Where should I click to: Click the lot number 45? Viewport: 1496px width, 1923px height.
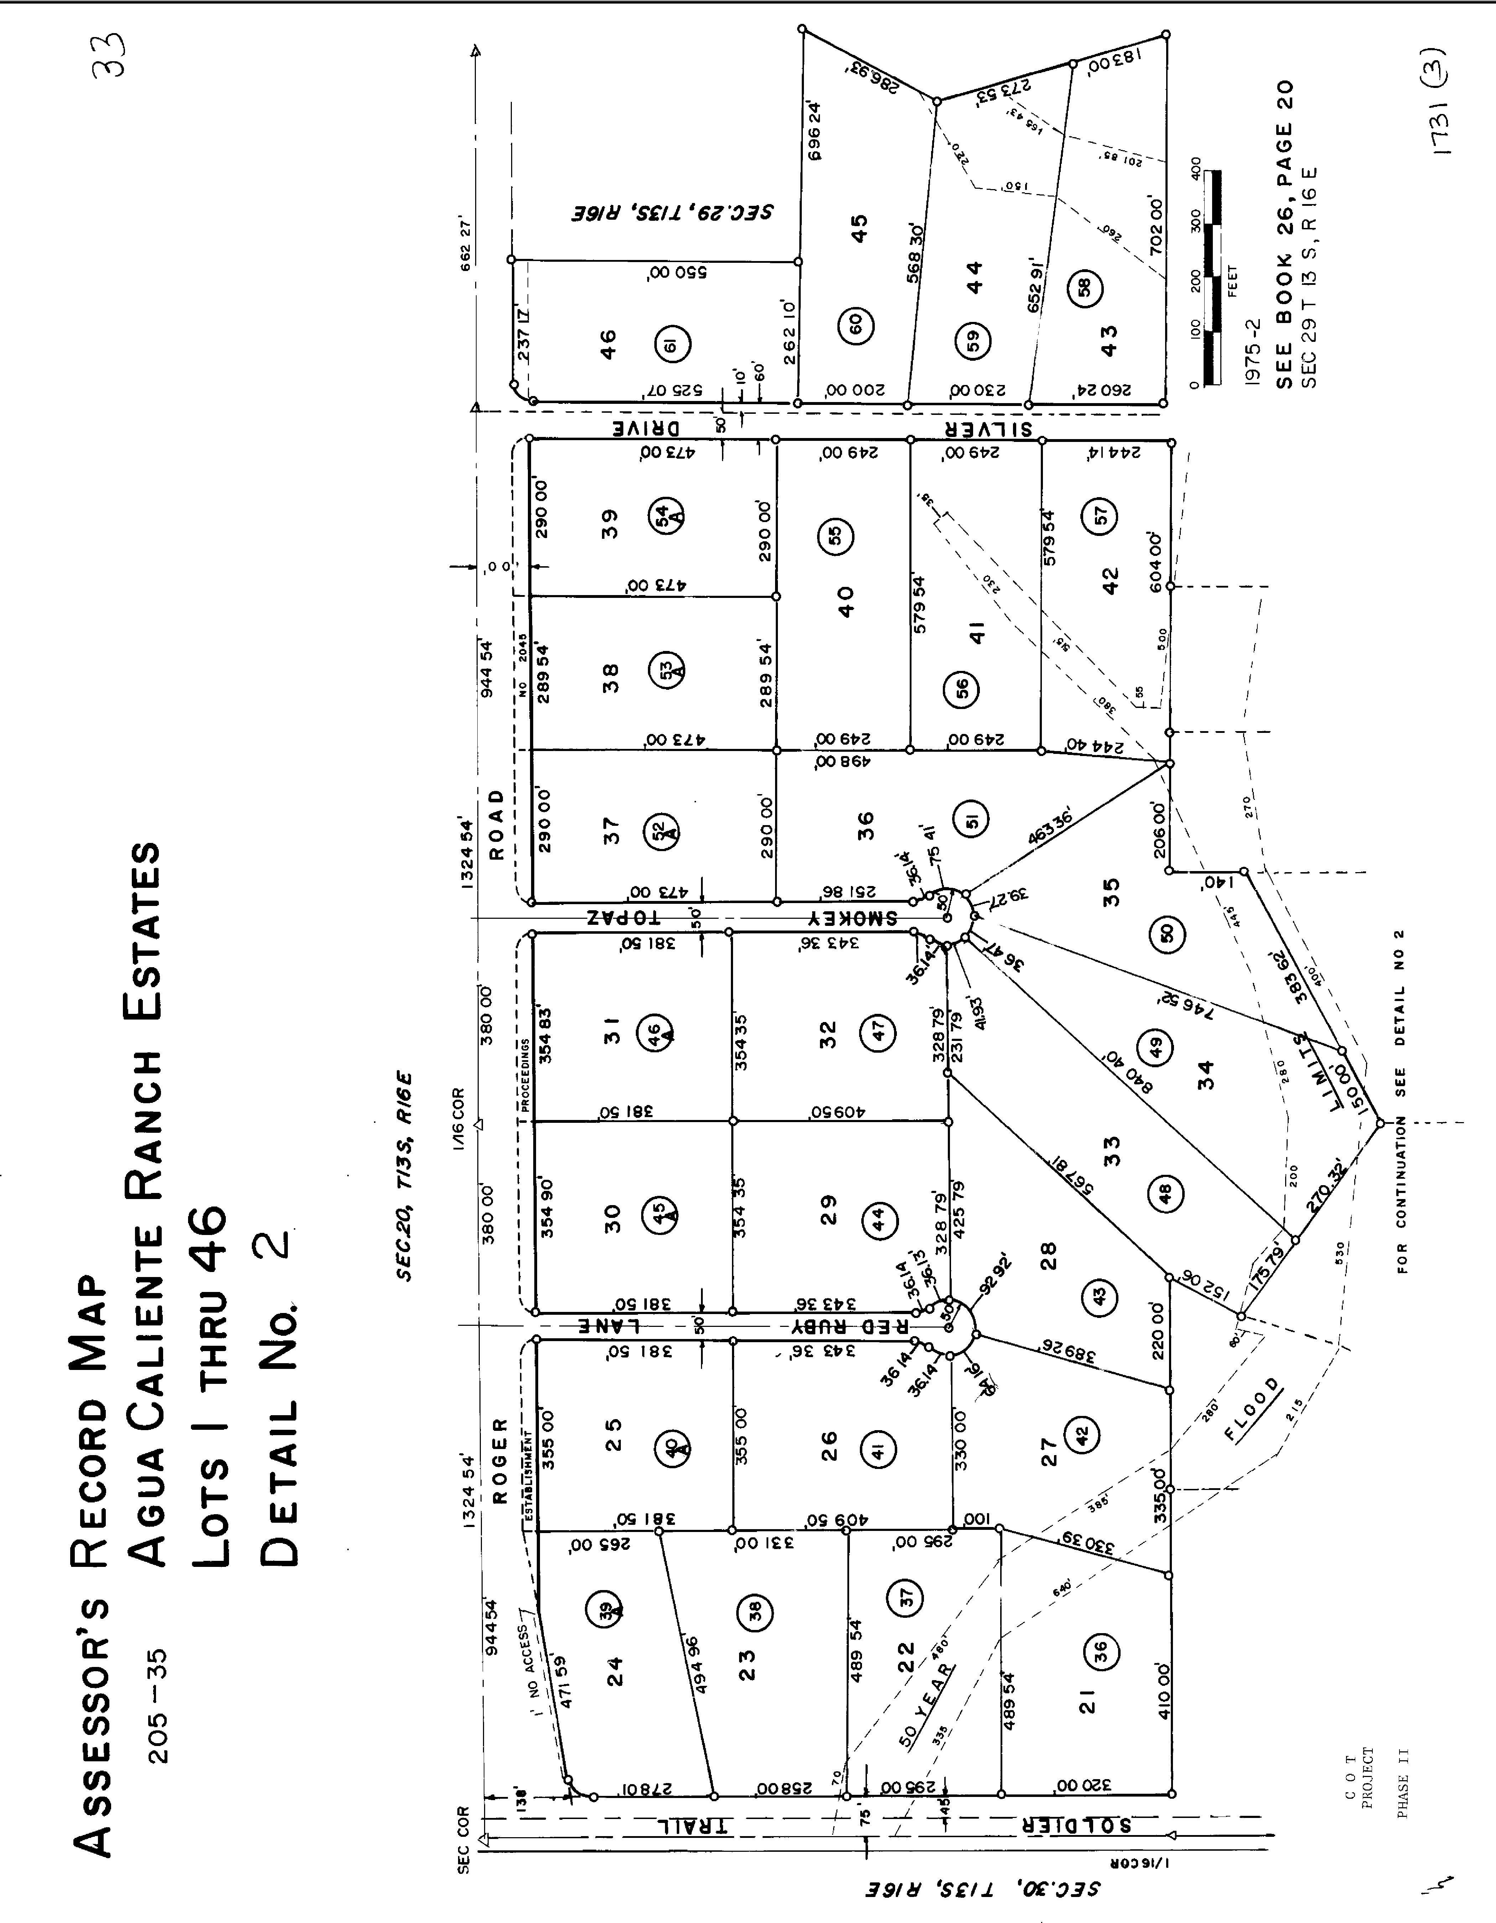[x=859, y=227]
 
